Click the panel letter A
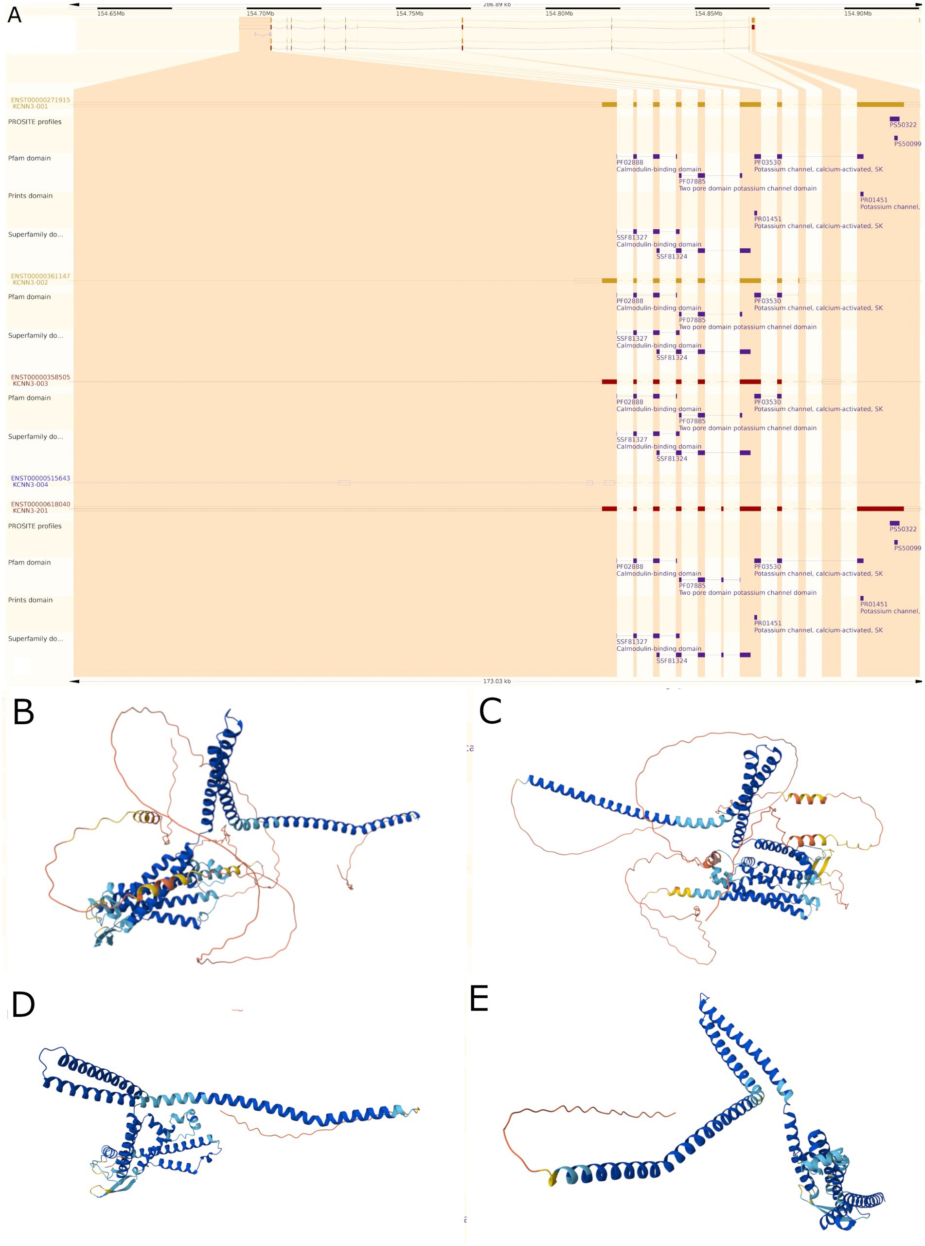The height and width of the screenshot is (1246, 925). pos(14,15)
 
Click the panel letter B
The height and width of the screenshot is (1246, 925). pos(23,713)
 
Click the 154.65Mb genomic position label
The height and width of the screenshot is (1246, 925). pos(111,14)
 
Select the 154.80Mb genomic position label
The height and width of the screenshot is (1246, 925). pos(559,14)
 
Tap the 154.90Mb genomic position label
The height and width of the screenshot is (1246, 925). pos(858,14)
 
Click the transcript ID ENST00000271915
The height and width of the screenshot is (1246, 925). pos(40,100)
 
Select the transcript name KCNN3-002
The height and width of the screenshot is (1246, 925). pos(30,283)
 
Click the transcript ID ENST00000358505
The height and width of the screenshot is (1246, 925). pos(40,378)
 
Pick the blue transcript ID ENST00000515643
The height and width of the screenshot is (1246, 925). pos(40,478)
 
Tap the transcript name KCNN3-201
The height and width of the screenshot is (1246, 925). pos(30,511)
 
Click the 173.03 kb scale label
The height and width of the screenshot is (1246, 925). pos(497,682)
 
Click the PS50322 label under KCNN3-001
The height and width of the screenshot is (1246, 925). pos(903,125)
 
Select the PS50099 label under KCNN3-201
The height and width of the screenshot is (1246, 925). pos(907,549)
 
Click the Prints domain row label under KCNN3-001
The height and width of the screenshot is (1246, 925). pos(30,196)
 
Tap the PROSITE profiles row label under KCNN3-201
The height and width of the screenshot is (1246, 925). pos(35,526)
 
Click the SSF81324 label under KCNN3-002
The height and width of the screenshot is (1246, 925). pos(671,357)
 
